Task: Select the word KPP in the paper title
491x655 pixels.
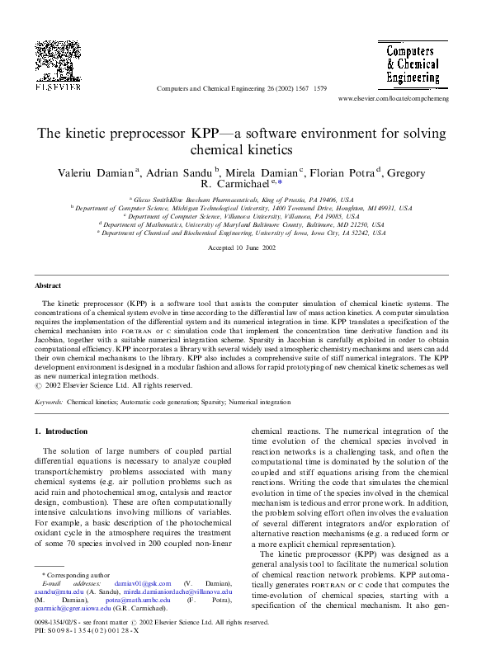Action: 210,134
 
